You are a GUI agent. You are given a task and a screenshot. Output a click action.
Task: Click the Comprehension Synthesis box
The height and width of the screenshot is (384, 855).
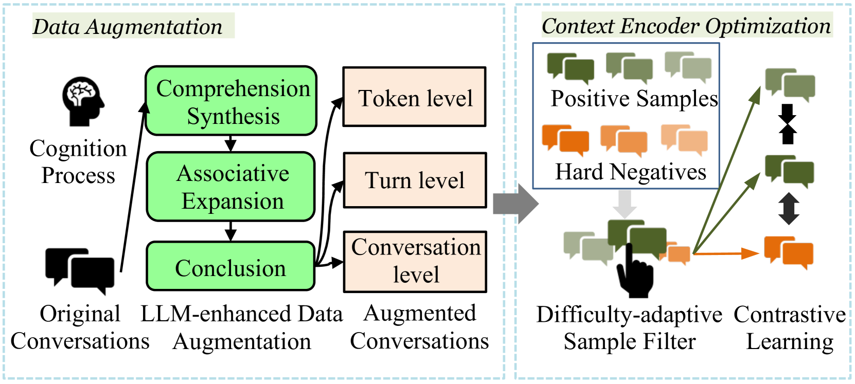click(231, 101)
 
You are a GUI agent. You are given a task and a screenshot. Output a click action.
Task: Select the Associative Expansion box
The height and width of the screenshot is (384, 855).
click(231, 187)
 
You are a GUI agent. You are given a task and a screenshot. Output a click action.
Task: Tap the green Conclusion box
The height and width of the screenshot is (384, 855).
click(230, 267)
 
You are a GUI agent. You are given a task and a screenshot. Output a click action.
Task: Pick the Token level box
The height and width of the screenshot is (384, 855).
click(415, 97)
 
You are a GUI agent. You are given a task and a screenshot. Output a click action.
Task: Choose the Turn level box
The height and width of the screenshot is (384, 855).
click(415, 180)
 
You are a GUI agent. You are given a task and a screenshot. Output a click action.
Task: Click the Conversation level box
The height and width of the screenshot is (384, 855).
click(415, 262)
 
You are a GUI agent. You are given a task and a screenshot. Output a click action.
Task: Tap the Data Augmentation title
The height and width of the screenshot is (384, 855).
click(128, 27)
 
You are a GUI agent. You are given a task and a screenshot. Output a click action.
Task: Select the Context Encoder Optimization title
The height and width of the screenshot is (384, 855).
click(686, 26)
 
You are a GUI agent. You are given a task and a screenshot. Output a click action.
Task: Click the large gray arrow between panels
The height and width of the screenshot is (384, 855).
click(515, 204)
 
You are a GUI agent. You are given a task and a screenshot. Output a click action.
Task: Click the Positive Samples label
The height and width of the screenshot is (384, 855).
click(634, 98)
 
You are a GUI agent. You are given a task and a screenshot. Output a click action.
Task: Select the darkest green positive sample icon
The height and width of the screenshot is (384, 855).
click(570, 68)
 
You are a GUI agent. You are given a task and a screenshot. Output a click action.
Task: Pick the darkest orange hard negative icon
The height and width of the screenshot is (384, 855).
click(565, 140)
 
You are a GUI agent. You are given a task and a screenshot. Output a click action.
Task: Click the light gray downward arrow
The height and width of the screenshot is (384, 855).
click(625, 204)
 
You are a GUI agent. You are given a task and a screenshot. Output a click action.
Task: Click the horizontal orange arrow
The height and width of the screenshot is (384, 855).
click(726, 253)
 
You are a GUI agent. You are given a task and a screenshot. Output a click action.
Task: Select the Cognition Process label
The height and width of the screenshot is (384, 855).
click(78, 161)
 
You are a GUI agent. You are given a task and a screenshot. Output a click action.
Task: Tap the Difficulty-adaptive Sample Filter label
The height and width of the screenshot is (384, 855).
click(629, 327)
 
